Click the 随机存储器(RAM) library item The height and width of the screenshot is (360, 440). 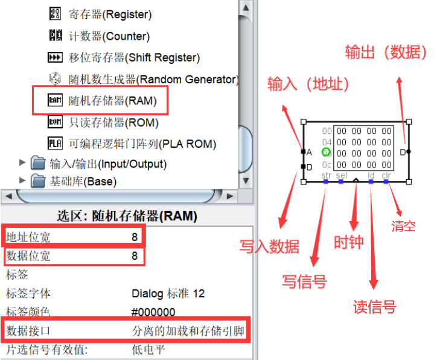pyautogui.click(x=112, y=101)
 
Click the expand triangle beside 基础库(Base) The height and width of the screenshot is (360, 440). pyautogui.click(x=23, y=180)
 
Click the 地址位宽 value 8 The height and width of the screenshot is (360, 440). pyautogui.click(x=135, y=237)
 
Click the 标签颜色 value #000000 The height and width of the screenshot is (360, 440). pyautogui.click(x=153, y=312)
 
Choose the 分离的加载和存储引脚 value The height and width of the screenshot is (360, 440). pyautogui.click(x=190, y=331)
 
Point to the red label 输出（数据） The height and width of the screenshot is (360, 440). pyautogui.click(x=386, y=52)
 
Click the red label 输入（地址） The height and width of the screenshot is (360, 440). pyautogui.click(x=308, y=84)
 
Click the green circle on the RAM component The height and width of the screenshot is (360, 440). pyautogui.click(x=327, y=152)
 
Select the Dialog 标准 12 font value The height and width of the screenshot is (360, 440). pyautogui.click(x=168, y=294)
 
